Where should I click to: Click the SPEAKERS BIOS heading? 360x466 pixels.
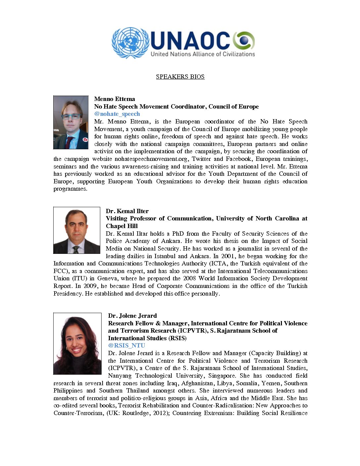(x=180, y=77)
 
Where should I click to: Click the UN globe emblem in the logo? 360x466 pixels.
(x=130, y=43)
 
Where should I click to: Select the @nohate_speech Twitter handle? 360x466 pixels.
(x=117, y=114)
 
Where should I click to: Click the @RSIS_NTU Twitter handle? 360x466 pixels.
(x=126, y=346)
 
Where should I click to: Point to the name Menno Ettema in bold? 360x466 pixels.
(x=114, y=99)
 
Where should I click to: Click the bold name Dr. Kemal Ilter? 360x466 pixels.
(x=127, y=211)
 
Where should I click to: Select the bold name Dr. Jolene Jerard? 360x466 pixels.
(x=132, y=316)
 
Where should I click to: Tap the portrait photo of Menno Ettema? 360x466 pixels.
(x=71, y=122)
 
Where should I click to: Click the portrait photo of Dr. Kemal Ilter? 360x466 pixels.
(x=77, y=230)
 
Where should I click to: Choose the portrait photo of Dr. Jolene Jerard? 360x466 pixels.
(x=77, y=344)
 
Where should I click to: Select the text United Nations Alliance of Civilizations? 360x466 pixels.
(x=203, y=54)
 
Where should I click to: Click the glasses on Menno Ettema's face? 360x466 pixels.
(x=70, y=116)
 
